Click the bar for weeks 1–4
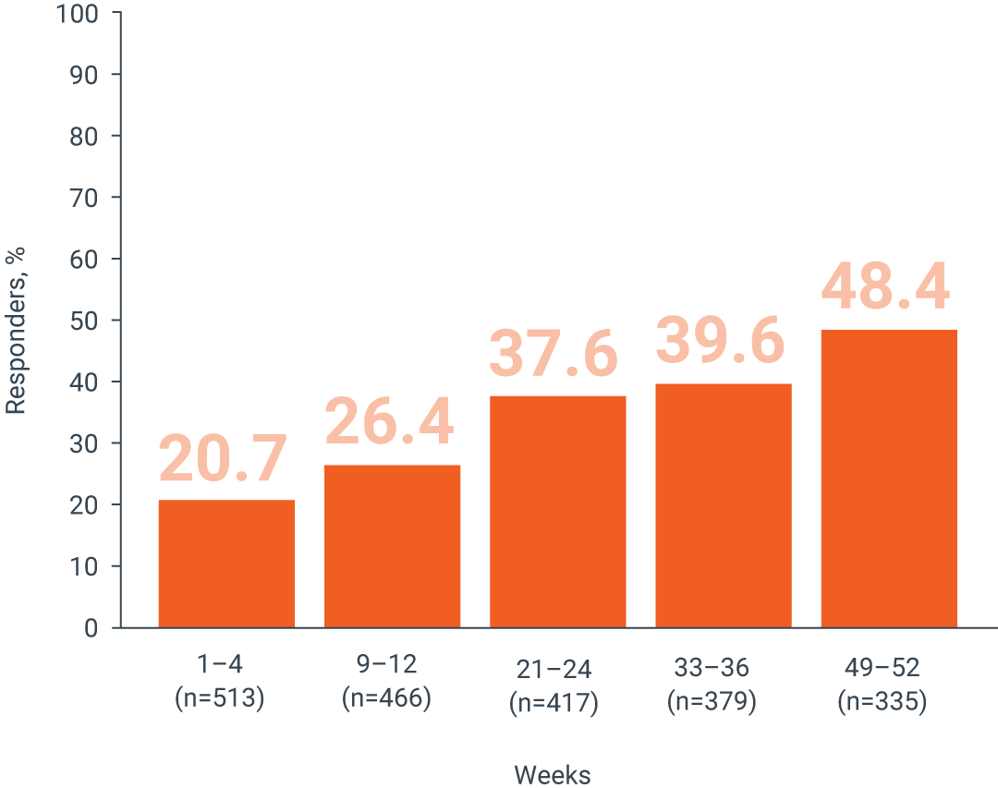(226, 564)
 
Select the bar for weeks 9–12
(392, 546)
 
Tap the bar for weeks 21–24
(557, 512)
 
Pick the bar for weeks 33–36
(723, 505)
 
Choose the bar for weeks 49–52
(888, 479)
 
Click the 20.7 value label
(224, 460)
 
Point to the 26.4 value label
(390, 422)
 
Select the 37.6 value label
(553, 354)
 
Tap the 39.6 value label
(720, 342)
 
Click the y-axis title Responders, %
(16, 330)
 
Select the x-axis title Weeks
(552, 773)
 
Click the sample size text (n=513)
(220, 698)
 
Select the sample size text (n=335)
(882, 702)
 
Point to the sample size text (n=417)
(554, 702)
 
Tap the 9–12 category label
(386, 664)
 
